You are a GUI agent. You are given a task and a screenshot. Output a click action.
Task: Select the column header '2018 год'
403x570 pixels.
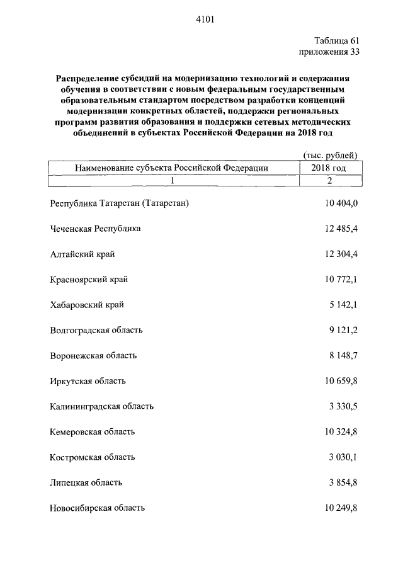point(329,168)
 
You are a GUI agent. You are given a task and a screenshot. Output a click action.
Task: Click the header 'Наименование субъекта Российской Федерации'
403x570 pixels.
point(171,168)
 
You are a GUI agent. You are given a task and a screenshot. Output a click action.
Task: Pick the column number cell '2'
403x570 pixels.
point(329,180)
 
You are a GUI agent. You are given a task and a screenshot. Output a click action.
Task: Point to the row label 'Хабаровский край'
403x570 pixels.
point(86,305)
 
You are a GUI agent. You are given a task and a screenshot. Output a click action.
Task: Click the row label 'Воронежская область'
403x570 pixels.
point(93,355)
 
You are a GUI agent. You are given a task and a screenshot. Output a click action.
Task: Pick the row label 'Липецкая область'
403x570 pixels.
point(86,482)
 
